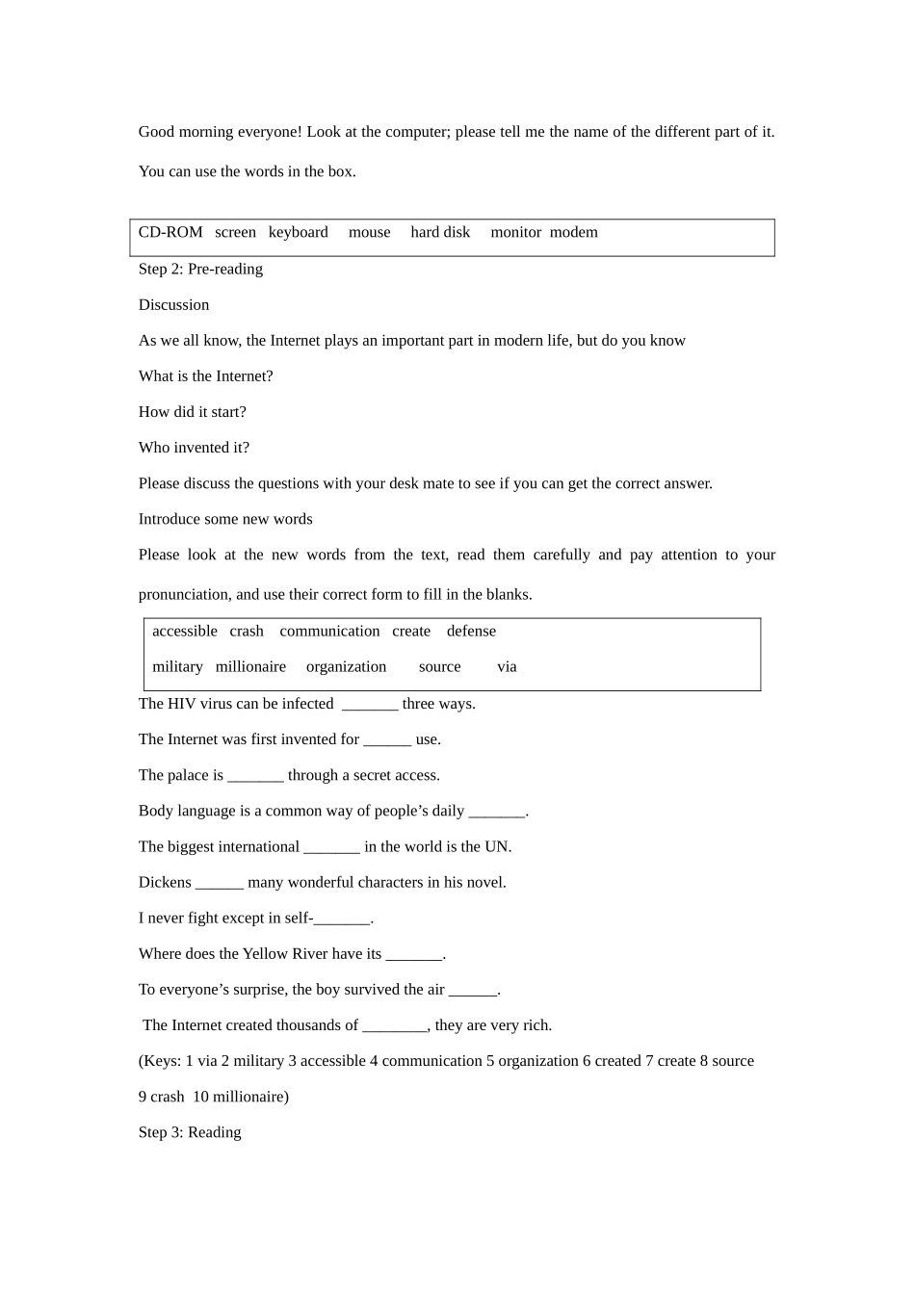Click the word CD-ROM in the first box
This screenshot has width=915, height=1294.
pos(170,232)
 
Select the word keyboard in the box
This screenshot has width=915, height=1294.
pos(298,232)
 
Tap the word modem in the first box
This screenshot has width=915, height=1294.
pos(574,232)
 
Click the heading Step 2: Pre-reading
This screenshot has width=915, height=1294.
pos(200,269)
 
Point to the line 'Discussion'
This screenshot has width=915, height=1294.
pos(173,304)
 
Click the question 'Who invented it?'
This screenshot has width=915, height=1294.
pos(194,448)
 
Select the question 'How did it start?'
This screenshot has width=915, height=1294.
pos(192,412)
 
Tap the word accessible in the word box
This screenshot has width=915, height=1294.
pos(185,632)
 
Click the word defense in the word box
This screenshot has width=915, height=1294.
pos(471,632)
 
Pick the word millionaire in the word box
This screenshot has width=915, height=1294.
pos(250,667)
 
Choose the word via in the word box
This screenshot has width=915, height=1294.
pos(507,667)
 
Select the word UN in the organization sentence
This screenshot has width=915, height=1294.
pos(497,847)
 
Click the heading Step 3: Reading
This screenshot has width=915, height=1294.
pos(190,1132)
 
